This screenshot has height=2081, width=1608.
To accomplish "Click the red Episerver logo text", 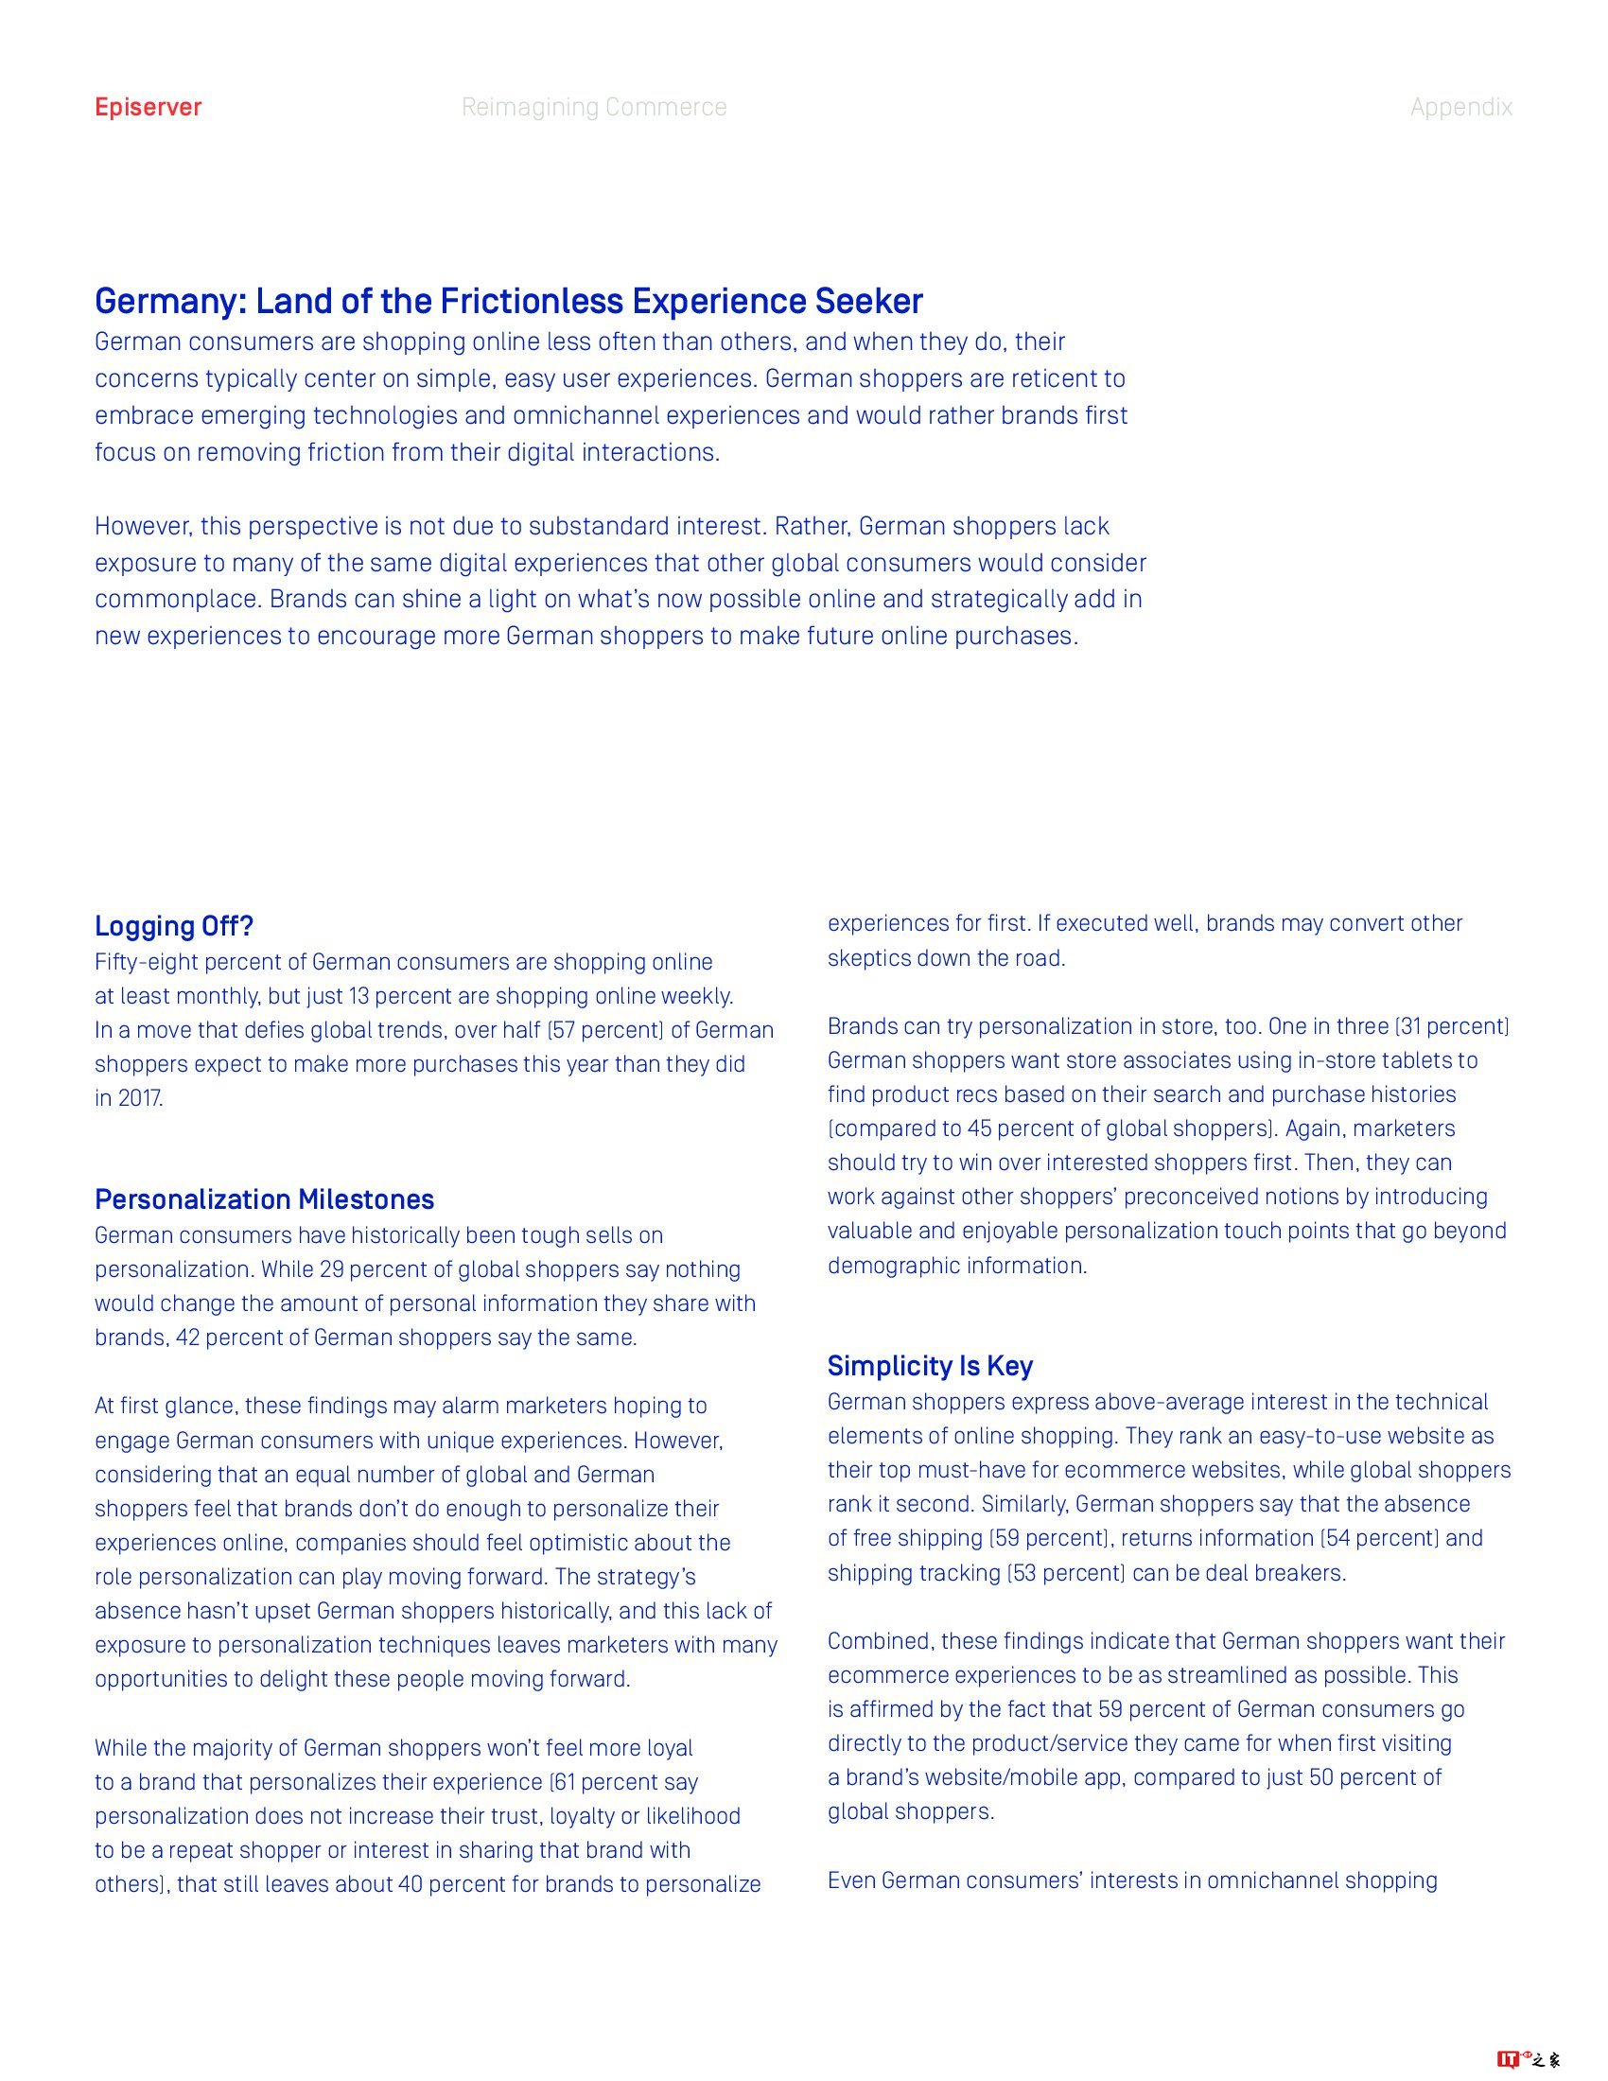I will pos(148,107).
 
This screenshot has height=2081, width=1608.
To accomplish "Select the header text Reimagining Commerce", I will pos(593,107).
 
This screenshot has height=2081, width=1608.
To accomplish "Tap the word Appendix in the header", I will pos(1460,107).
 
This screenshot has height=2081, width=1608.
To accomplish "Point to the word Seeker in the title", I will pos(867,301).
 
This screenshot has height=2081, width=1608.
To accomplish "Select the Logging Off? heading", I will pos(173,925).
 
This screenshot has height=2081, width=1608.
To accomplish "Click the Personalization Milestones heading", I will pos(264,1198).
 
